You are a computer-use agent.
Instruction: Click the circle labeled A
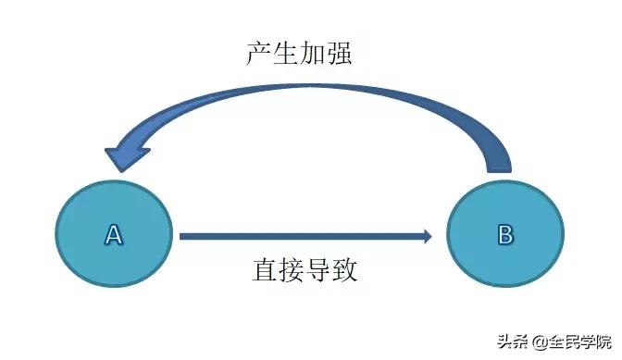coord(114,235)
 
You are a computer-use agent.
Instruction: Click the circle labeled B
coord(504,235)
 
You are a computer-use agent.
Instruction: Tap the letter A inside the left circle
coord(114,235)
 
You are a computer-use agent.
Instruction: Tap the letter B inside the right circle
coord(504,235)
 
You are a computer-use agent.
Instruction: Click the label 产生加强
coord(299,53)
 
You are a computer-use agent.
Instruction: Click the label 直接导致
coord(305,270)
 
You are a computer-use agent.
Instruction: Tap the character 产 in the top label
coord(259,53)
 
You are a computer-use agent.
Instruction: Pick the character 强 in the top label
coord(339,53)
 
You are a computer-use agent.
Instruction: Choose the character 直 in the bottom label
coord(265,270)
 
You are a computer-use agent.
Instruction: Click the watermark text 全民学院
coord(581,340)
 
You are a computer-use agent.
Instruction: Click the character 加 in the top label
coord(312,53)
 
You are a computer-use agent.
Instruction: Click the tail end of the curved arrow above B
coord(498,165)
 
